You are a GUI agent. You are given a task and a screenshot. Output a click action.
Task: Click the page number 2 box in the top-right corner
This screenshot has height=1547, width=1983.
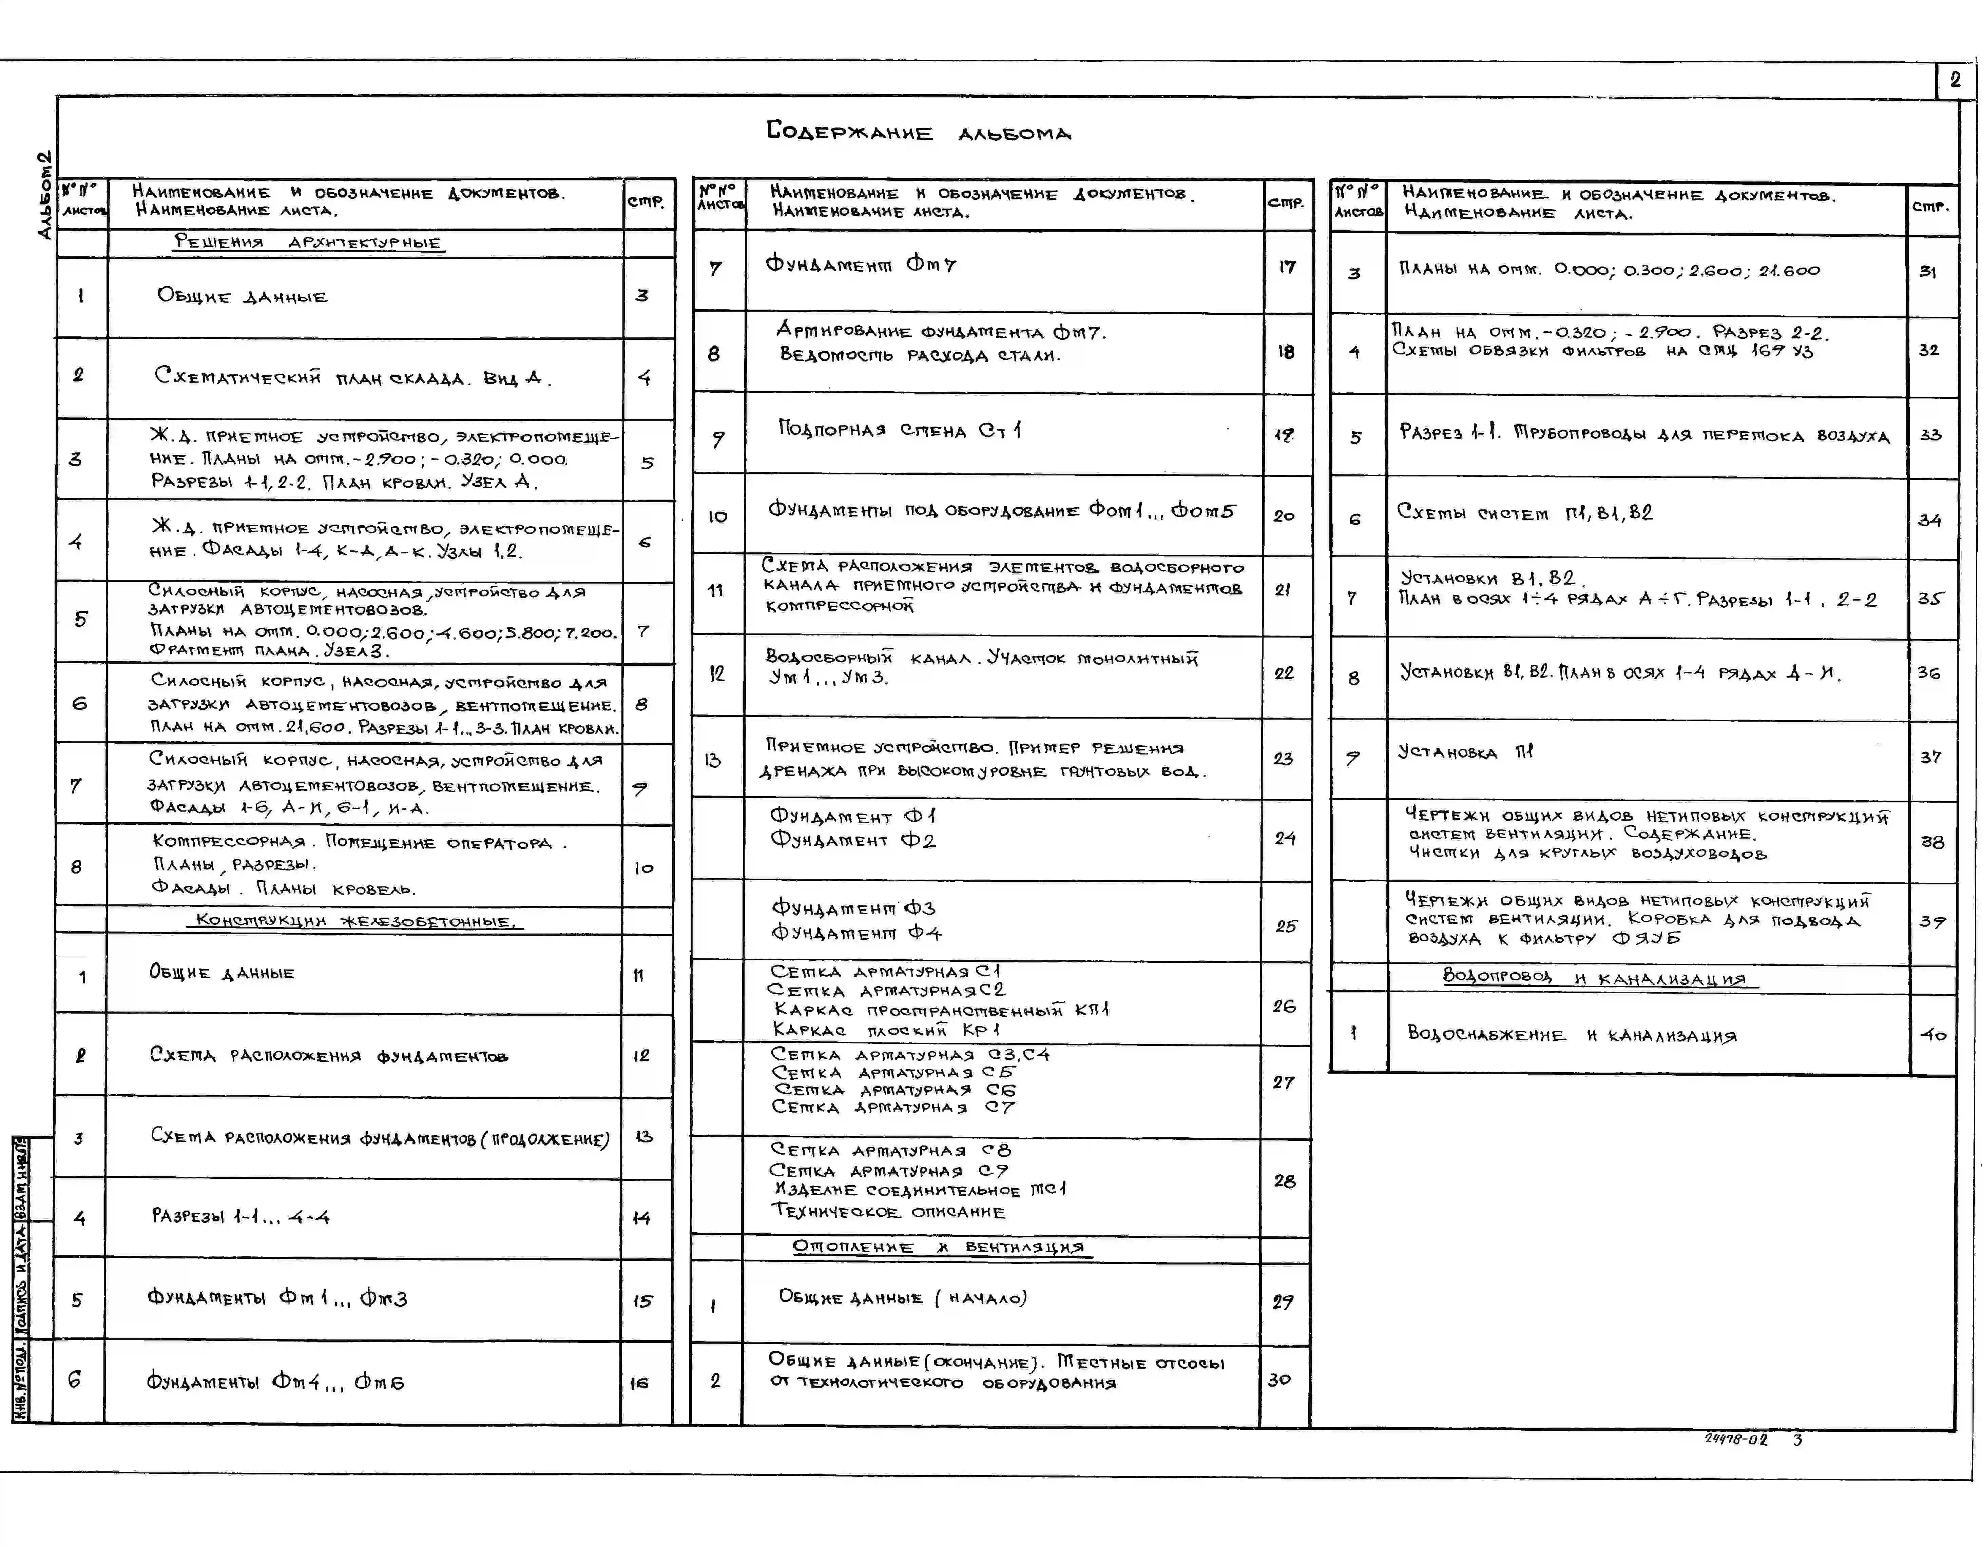(1955, 80)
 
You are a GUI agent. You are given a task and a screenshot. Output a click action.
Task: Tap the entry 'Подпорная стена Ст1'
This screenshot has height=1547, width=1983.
(899, 429)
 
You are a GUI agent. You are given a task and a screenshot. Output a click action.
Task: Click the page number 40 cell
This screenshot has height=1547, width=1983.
(1932, 1034)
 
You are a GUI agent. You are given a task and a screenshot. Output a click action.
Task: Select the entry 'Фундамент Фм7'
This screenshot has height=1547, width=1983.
(861, 264)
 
